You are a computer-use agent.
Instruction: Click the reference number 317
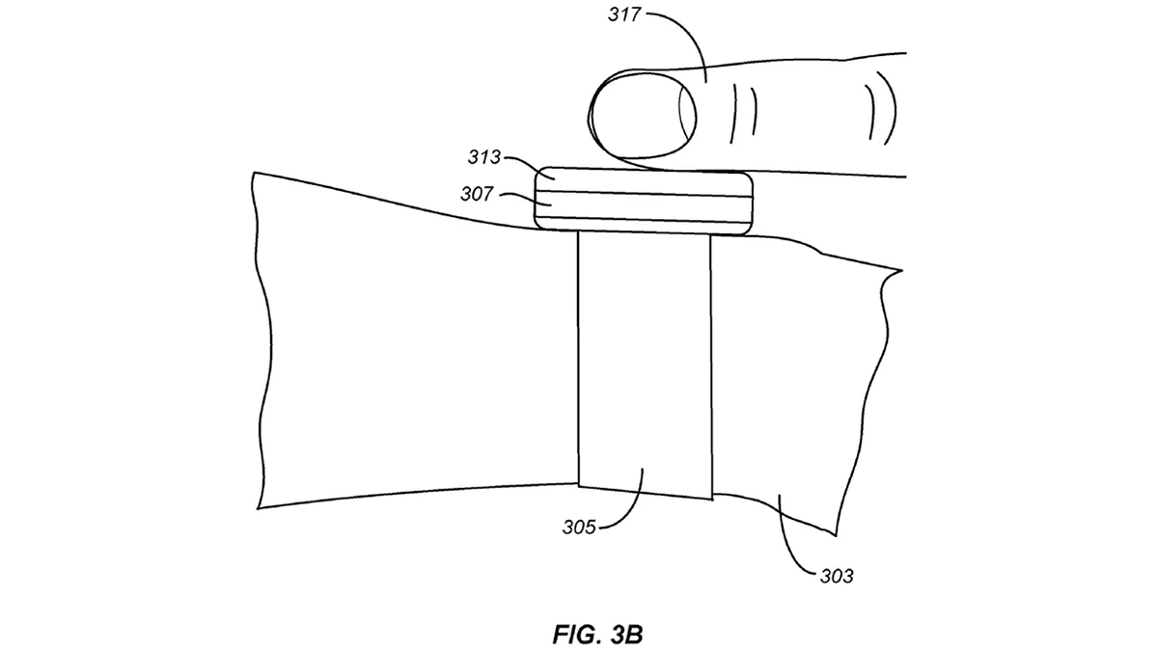point(624,15)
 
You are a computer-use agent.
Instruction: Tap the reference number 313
point(484,157)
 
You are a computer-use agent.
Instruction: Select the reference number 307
point(477,194)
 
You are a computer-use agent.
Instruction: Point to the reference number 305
point(579,528)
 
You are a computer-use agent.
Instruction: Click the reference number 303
point(837,576)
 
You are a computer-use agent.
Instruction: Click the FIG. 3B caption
point(597,635)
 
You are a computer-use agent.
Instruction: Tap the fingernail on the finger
point(644,116)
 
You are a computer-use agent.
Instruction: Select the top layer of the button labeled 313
point(644,181)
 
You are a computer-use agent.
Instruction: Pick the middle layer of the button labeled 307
point(644,207)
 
